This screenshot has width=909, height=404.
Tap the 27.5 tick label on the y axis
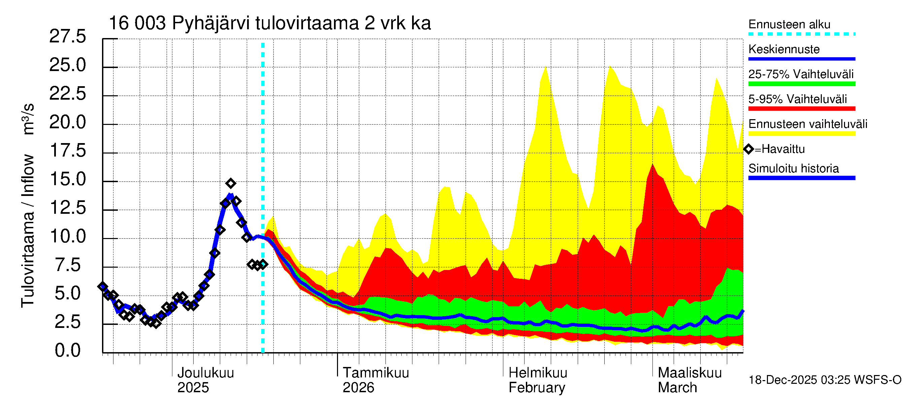point(67,36)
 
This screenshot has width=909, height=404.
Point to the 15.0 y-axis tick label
point(68,179)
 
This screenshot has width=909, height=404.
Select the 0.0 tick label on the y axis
point(68,351)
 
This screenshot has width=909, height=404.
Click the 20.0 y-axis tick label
point(67,123)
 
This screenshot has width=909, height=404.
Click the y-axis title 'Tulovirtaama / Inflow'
point(28,231)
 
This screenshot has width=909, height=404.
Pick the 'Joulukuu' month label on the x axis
point(205,373)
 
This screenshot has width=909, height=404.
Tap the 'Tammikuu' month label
point(376,373)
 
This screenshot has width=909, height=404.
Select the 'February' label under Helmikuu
point(537,388)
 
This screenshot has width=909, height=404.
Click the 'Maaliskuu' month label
point(689,373)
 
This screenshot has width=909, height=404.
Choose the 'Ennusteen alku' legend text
point(789,25)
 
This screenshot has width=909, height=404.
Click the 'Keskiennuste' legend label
point(784,49)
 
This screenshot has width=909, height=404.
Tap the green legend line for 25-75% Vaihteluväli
point(801,84)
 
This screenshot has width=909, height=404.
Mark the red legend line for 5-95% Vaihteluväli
point(801,109)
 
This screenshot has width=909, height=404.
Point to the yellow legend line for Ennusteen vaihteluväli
point(801,134)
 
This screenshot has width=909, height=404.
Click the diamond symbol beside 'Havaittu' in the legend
point(748,149)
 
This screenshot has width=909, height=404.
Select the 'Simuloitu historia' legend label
point(793,169)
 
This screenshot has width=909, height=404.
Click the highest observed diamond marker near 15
point(231,183)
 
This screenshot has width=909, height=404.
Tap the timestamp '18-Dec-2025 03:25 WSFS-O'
point(824,380)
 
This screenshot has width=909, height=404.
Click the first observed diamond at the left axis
point(103,287)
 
